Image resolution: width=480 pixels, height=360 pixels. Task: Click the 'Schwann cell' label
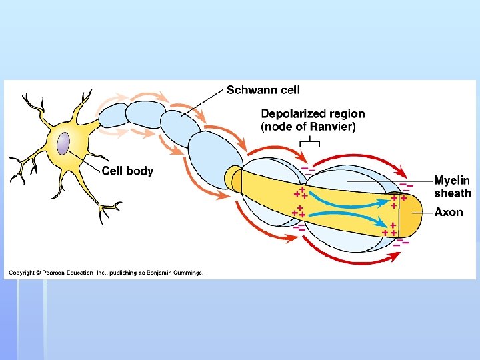263,90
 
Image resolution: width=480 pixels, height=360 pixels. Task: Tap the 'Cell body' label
127,171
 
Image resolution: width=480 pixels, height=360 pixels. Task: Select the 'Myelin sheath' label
452,186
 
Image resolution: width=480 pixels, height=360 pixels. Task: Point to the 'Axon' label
449,212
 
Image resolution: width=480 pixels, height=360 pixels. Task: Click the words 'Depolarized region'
313,114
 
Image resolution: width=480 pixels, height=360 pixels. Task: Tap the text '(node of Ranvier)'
308,126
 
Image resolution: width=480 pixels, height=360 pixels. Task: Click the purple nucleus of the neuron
63,144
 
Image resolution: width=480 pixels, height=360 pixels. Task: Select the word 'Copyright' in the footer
21,272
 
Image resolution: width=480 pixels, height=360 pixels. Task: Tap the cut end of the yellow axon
413,212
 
